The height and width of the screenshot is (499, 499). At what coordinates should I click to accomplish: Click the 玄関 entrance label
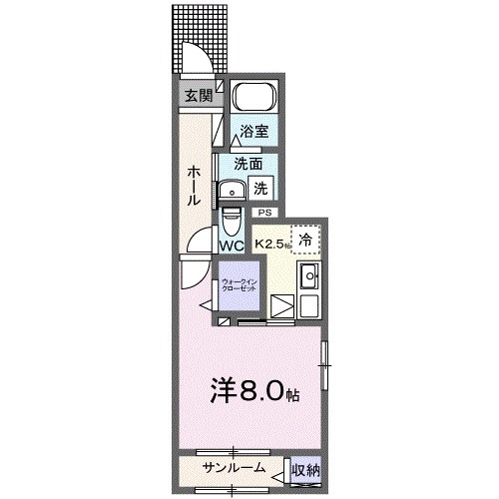tap(197, 96)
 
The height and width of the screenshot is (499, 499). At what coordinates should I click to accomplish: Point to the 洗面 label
tap(248, 164)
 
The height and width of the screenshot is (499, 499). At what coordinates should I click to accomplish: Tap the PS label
tap(264, 213)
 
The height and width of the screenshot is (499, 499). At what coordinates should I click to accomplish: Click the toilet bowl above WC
tap(232, 219)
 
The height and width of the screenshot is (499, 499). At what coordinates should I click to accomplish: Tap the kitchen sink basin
tap(309, 276)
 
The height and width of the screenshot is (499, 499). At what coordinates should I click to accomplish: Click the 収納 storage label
tap(305, 468)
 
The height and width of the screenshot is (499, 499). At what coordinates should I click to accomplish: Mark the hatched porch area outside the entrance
tap(194, 30)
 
